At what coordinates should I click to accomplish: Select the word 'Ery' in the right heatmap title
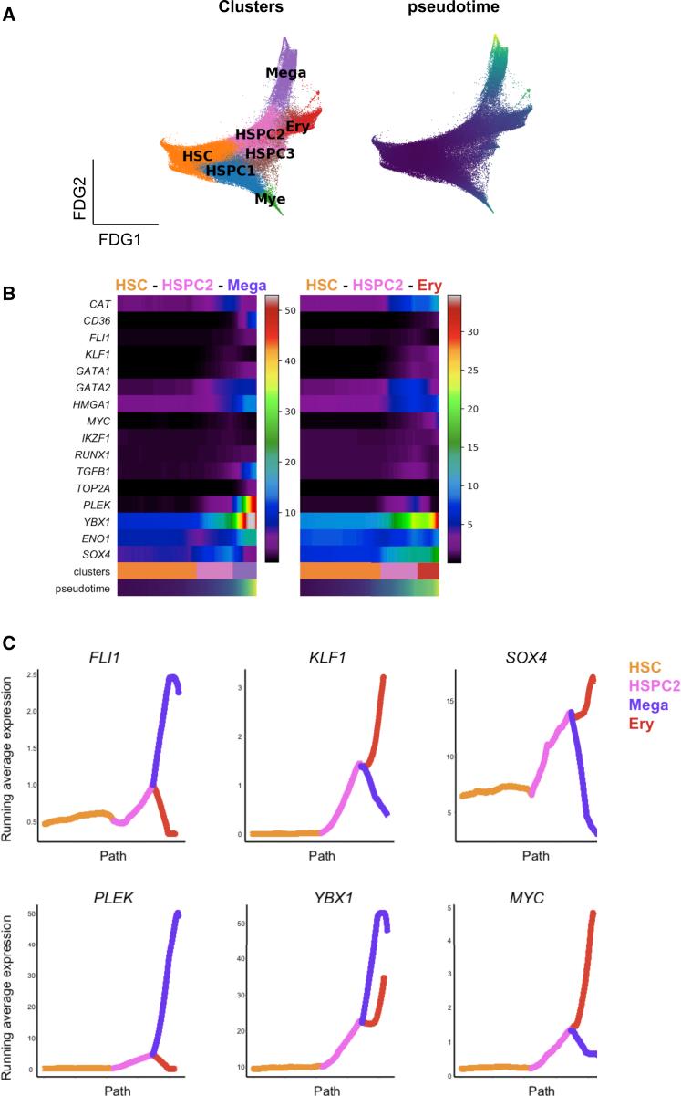pos(428,285)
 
